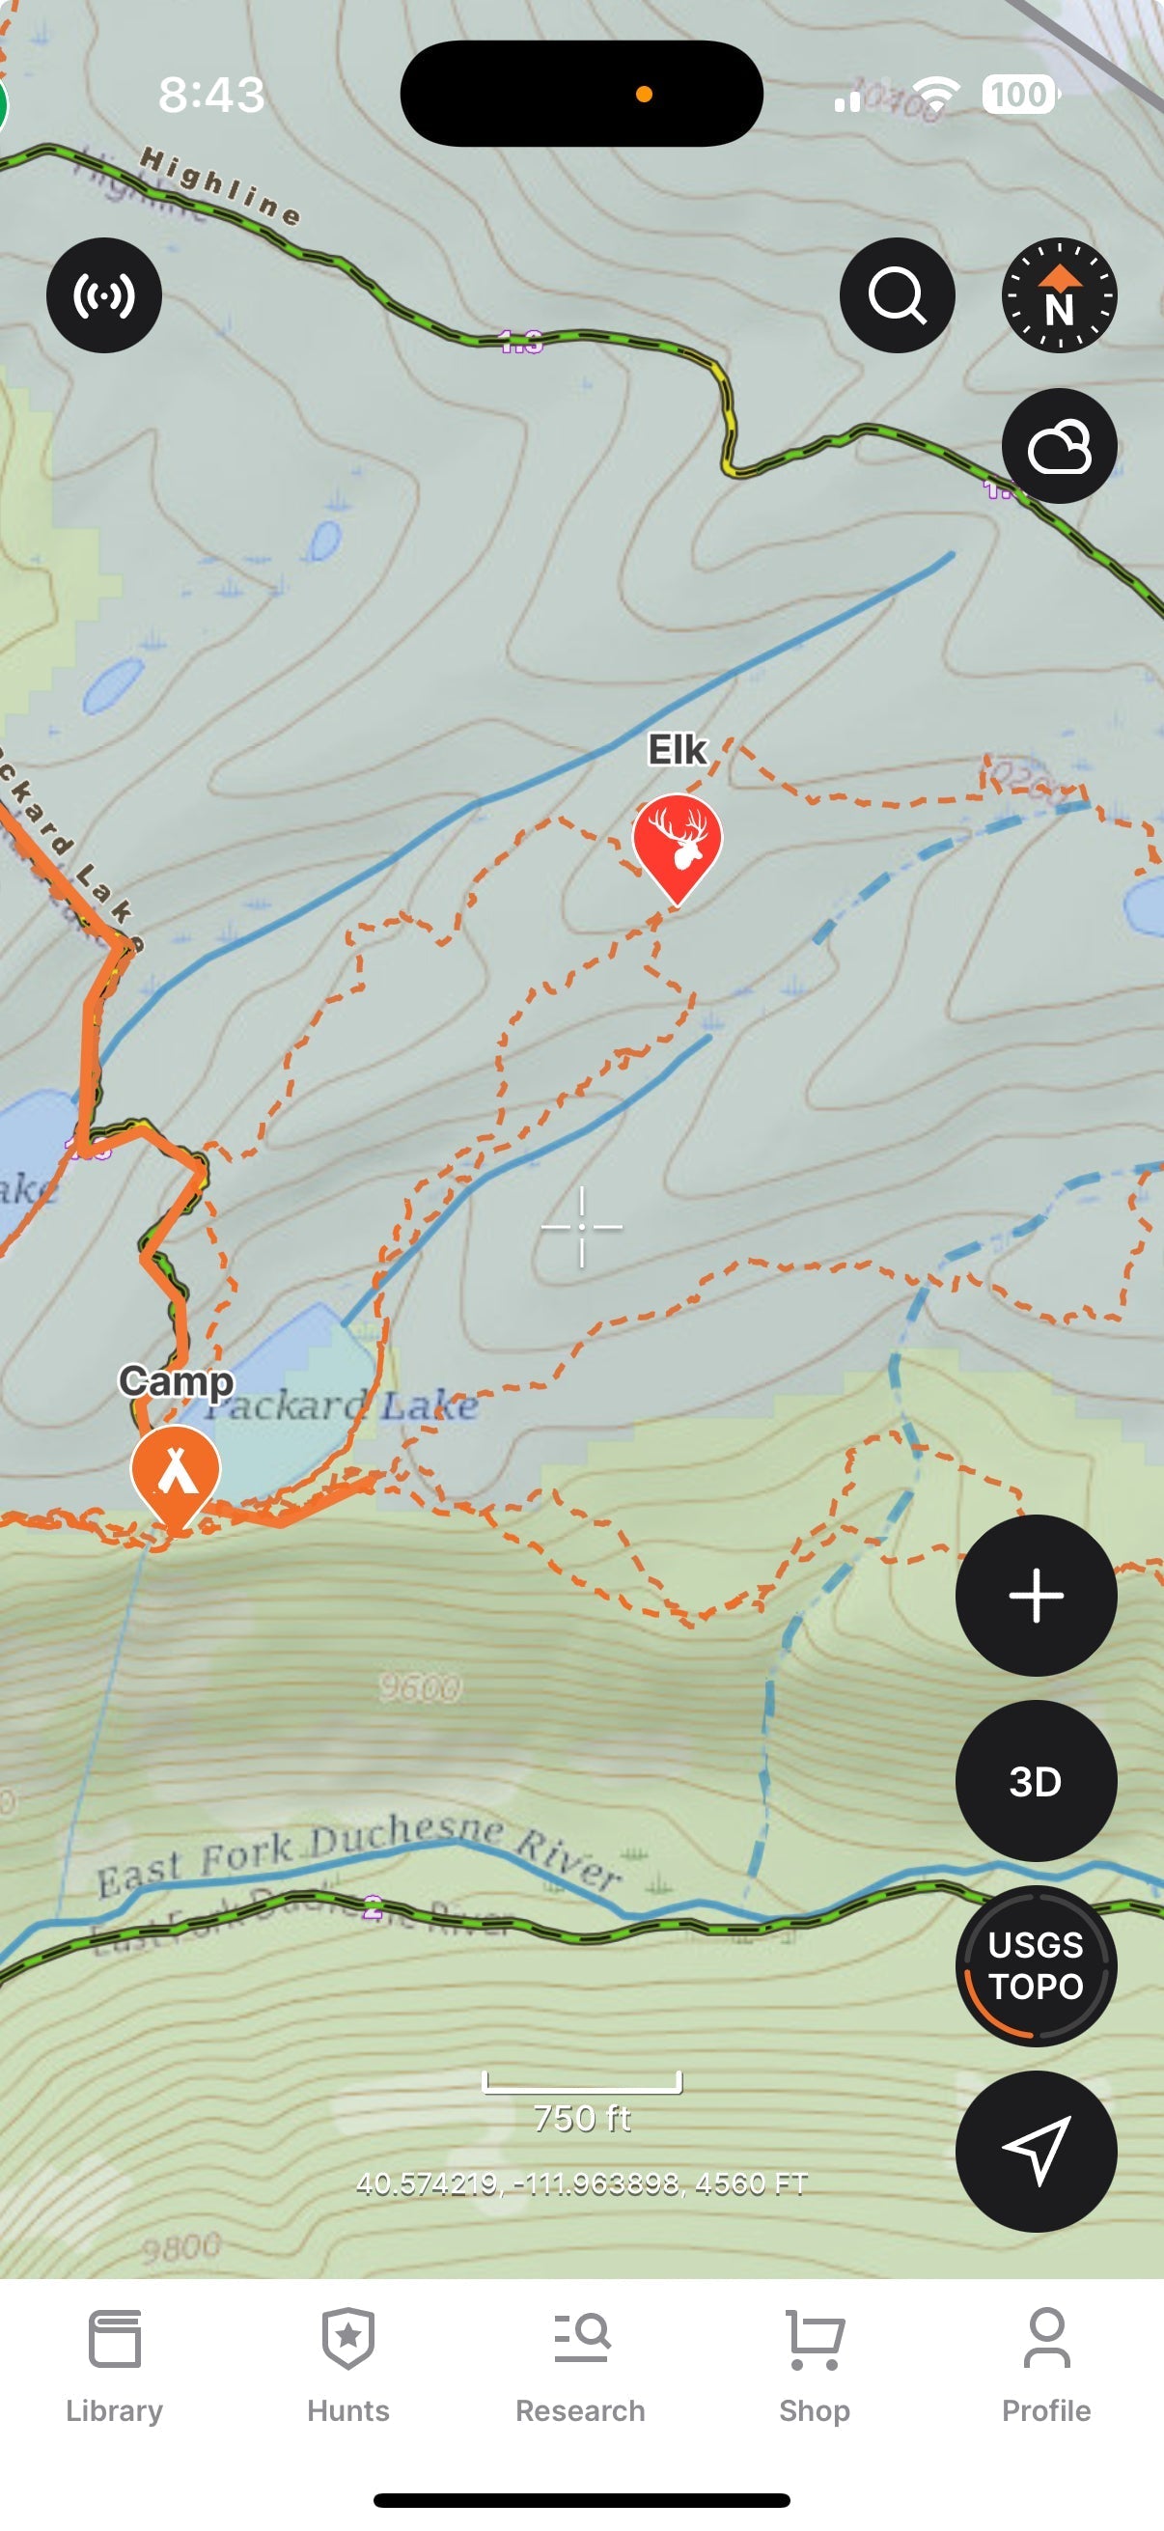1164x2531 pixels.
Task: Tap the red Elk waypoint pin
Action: pyautogui.click(x=677, y=842)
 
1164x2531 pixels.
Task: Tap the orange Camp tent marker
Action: pyautogui.click(x=176, y=1471)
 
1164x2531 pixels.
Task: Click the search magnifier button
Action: pyautogui.click(x=897, y=295)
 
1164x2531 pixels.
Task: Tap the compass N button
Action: pyautogui.click(x=1059, y=295)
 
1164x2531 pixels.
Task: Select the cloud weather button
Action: pyautogui.click(x=1059, y=447)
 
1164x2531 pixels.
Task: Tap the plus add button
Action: pyautogui.click(x=1036, y=1596)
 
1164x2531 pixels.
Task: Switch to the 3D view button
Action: pyautogui.click(x=1036, y=1780)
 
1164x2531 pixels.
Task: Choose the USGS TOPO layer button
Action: pyautogui.click(x=1036, y=1965)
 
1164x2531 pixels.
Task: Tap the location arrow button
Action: pyautogui.click(x=1036, y=2150)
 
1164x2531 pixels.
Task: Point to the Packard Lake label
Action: pyautogui.click(x=342, y=1406)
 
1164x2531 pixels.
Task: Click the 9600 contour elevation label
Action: pyautogui.click(x=421, y=1688)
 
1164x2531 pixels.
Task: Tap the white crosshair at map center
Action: pyautogui.click(x=581, y=1226)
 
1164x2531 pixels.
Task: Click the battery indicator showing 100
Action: pyautogui.click(x=1018, y=95)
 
